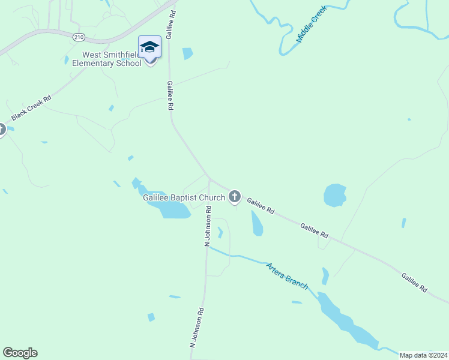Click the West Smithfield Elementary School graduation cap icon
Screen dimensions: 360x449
pos(149,47)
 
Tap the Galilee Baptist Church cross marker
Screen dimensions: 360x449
pos(235,196)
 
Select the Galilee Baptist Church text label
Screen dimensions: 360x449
pos(184,197)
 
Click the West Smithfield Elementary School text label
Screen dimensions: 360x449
pos(107,59)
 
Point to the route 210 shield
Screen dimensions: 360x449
pos(79,37)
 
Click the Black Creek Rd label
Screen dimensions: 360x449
pos(31,107)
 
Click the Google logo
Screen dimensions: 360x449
pos(20,353)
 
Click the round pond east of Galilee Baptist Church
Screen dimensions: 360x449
pos(335,196)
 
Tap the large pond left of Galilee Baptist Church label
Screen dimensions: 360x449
pos(170,209)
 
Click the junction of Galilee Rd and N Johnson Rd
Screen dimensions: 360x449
pos(209,178)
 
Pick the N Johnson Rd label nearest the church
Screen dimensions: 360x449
pos(208,226)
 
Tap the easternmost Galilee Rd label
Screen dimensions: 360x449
pos(414,283)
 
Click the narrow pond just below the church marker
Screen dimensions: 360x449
pos(256,223)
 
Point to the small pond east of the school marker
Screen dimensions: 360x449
pos(188,53)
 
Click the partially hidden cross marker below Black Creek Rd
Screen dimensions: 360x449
pos(2,130)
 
